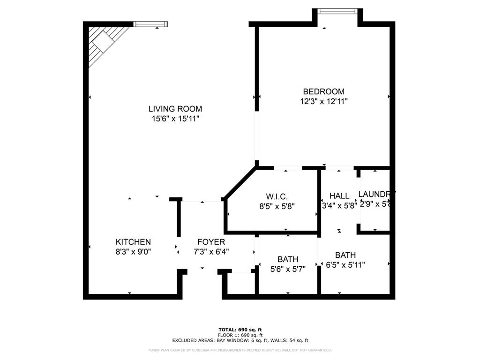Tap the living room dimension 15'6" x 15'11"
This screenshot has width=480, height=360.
175,119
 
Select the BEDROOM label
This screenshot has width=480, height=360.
323,91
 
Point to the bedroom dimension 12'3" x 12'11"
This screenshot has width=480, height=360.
323,101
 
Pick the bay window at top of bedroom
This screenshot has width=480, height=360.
337,11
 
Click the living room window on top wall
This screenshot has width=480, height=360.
150,24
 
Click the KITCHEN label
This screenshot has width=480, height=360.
133,242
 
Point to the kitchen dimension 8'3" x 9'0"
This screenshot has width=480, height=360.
133,251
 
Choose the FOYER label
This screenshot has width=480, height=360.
211,242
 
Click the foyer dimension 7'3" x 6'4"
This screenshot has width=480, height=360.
211,251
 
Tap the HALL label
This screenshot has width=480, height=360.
339,195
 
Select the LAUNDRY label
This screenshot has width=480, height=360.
376,194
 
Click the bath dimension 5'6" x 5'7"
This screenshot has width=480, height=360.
288,269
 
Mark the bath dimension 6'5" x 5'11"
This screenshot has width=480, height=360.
345,264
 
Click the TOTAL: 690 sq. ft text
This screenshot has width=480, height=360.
240,330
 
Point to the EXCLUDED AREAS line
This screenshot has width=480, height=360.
240,340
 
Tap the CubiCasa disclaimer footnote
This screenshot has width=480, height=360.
240,350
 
